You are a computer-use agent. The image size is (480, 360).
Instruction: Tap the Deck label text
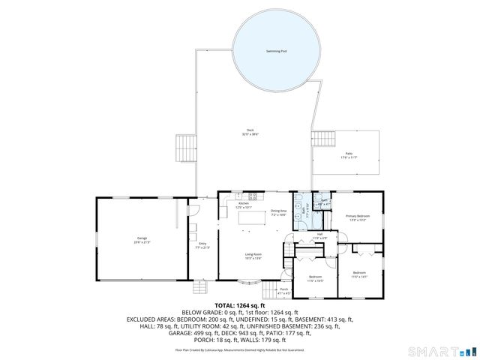pos(250,133)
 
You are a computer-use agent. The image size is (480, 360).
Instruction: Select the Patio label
pos(349,154)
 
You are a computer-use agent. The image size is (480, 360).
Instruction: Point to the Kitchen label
pos(244,205)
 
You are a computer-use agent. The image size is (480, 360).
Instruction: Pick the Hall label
pos(319,236)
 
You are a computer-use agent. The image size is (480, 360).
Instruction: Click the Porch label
pos(284,290)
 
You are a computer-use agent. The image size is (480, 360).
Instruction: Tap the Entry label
pos(202,244)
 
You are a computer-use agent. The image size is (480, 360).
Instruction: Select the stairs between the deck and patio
pos(323,139)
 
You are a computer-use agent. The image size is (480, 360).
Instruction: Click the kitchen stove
pos(253,197)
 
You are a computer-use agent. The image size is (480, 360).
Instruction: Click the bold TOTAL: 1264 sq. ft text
pos(240,306)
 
